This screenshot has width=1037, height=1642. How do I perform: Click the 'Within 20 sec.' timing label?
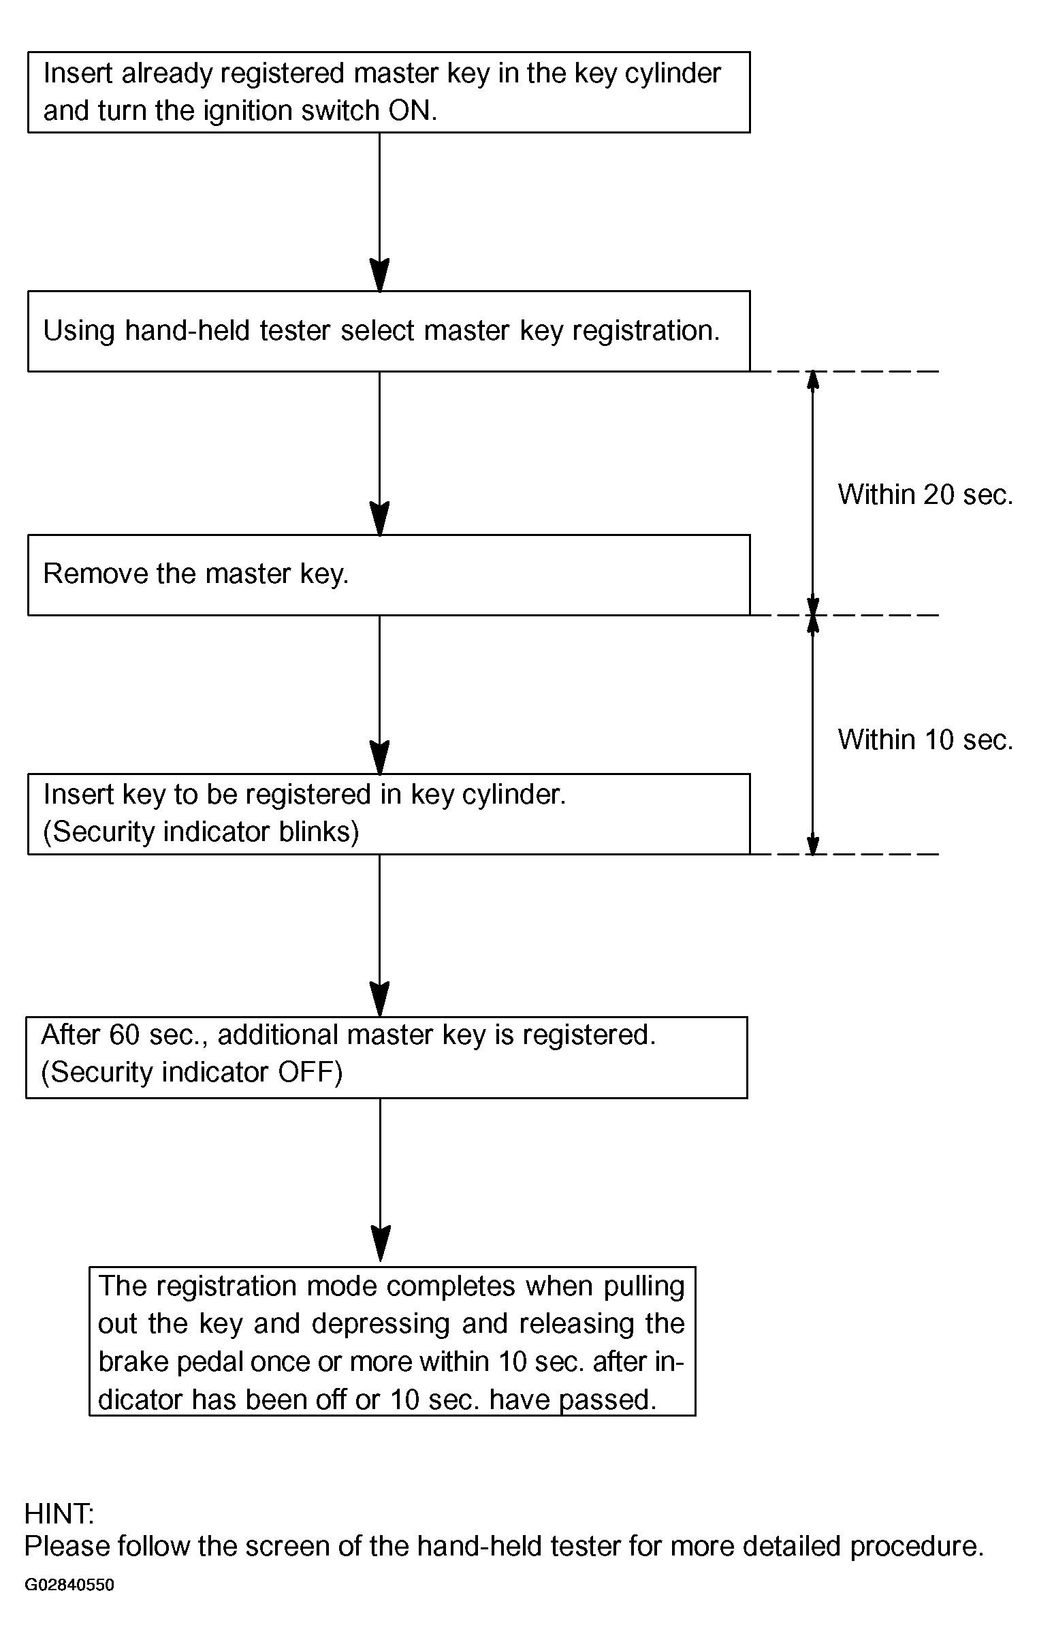pos(925,494)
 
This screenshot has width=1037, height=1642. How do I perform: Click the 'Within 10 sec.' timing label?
pos(925,740)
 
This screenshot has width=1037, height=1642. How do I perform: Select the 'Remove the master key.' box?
pos(389,575)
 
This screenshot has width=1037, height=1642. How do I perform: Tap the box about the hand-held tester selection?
pos(389,332)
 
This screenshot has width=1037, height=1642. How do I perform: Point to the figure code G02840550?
pos(69,1585)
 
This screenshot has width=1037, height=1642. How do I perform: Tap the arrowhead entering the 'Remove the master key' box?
pos(379,518)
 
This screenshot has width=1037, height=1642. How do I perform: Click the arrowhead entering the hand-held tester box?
pos(379,276)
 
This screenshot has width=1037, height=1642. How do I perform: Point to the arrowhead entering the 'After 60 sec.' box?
pos(379,1000)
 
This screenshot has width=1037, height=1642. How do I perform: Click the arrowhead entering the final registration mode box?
pos(381,1244)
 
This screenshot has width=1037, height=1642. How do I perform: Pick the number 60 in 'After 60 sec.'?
pos(124,1035)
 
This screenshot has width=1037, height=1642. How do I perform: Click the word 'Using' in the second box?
pos(79,332)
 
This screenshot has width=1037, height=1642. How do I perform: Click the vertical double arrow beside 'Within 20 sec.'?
pos(812,493)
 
